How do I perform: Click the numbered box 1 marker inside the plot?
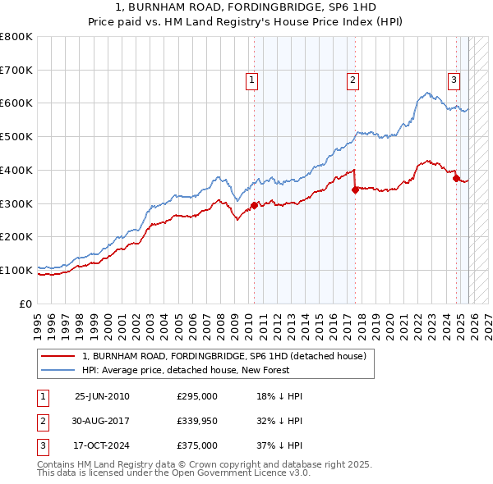(251, 80)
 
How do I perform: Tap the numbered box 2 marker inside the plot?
(352, 80)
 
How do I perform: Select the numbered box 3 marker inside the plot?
(454, 80)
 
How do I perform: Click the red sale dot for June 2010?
(254, 205)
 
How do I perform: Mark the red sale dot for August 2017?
(355, 189)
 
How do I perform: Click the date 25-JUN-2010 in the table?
(102, 396)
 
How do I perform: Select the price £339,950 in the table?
(196, 421)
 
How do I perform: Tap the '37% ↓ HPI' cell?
(279, 445)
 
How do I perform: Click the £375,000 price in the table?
(196, 445)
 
